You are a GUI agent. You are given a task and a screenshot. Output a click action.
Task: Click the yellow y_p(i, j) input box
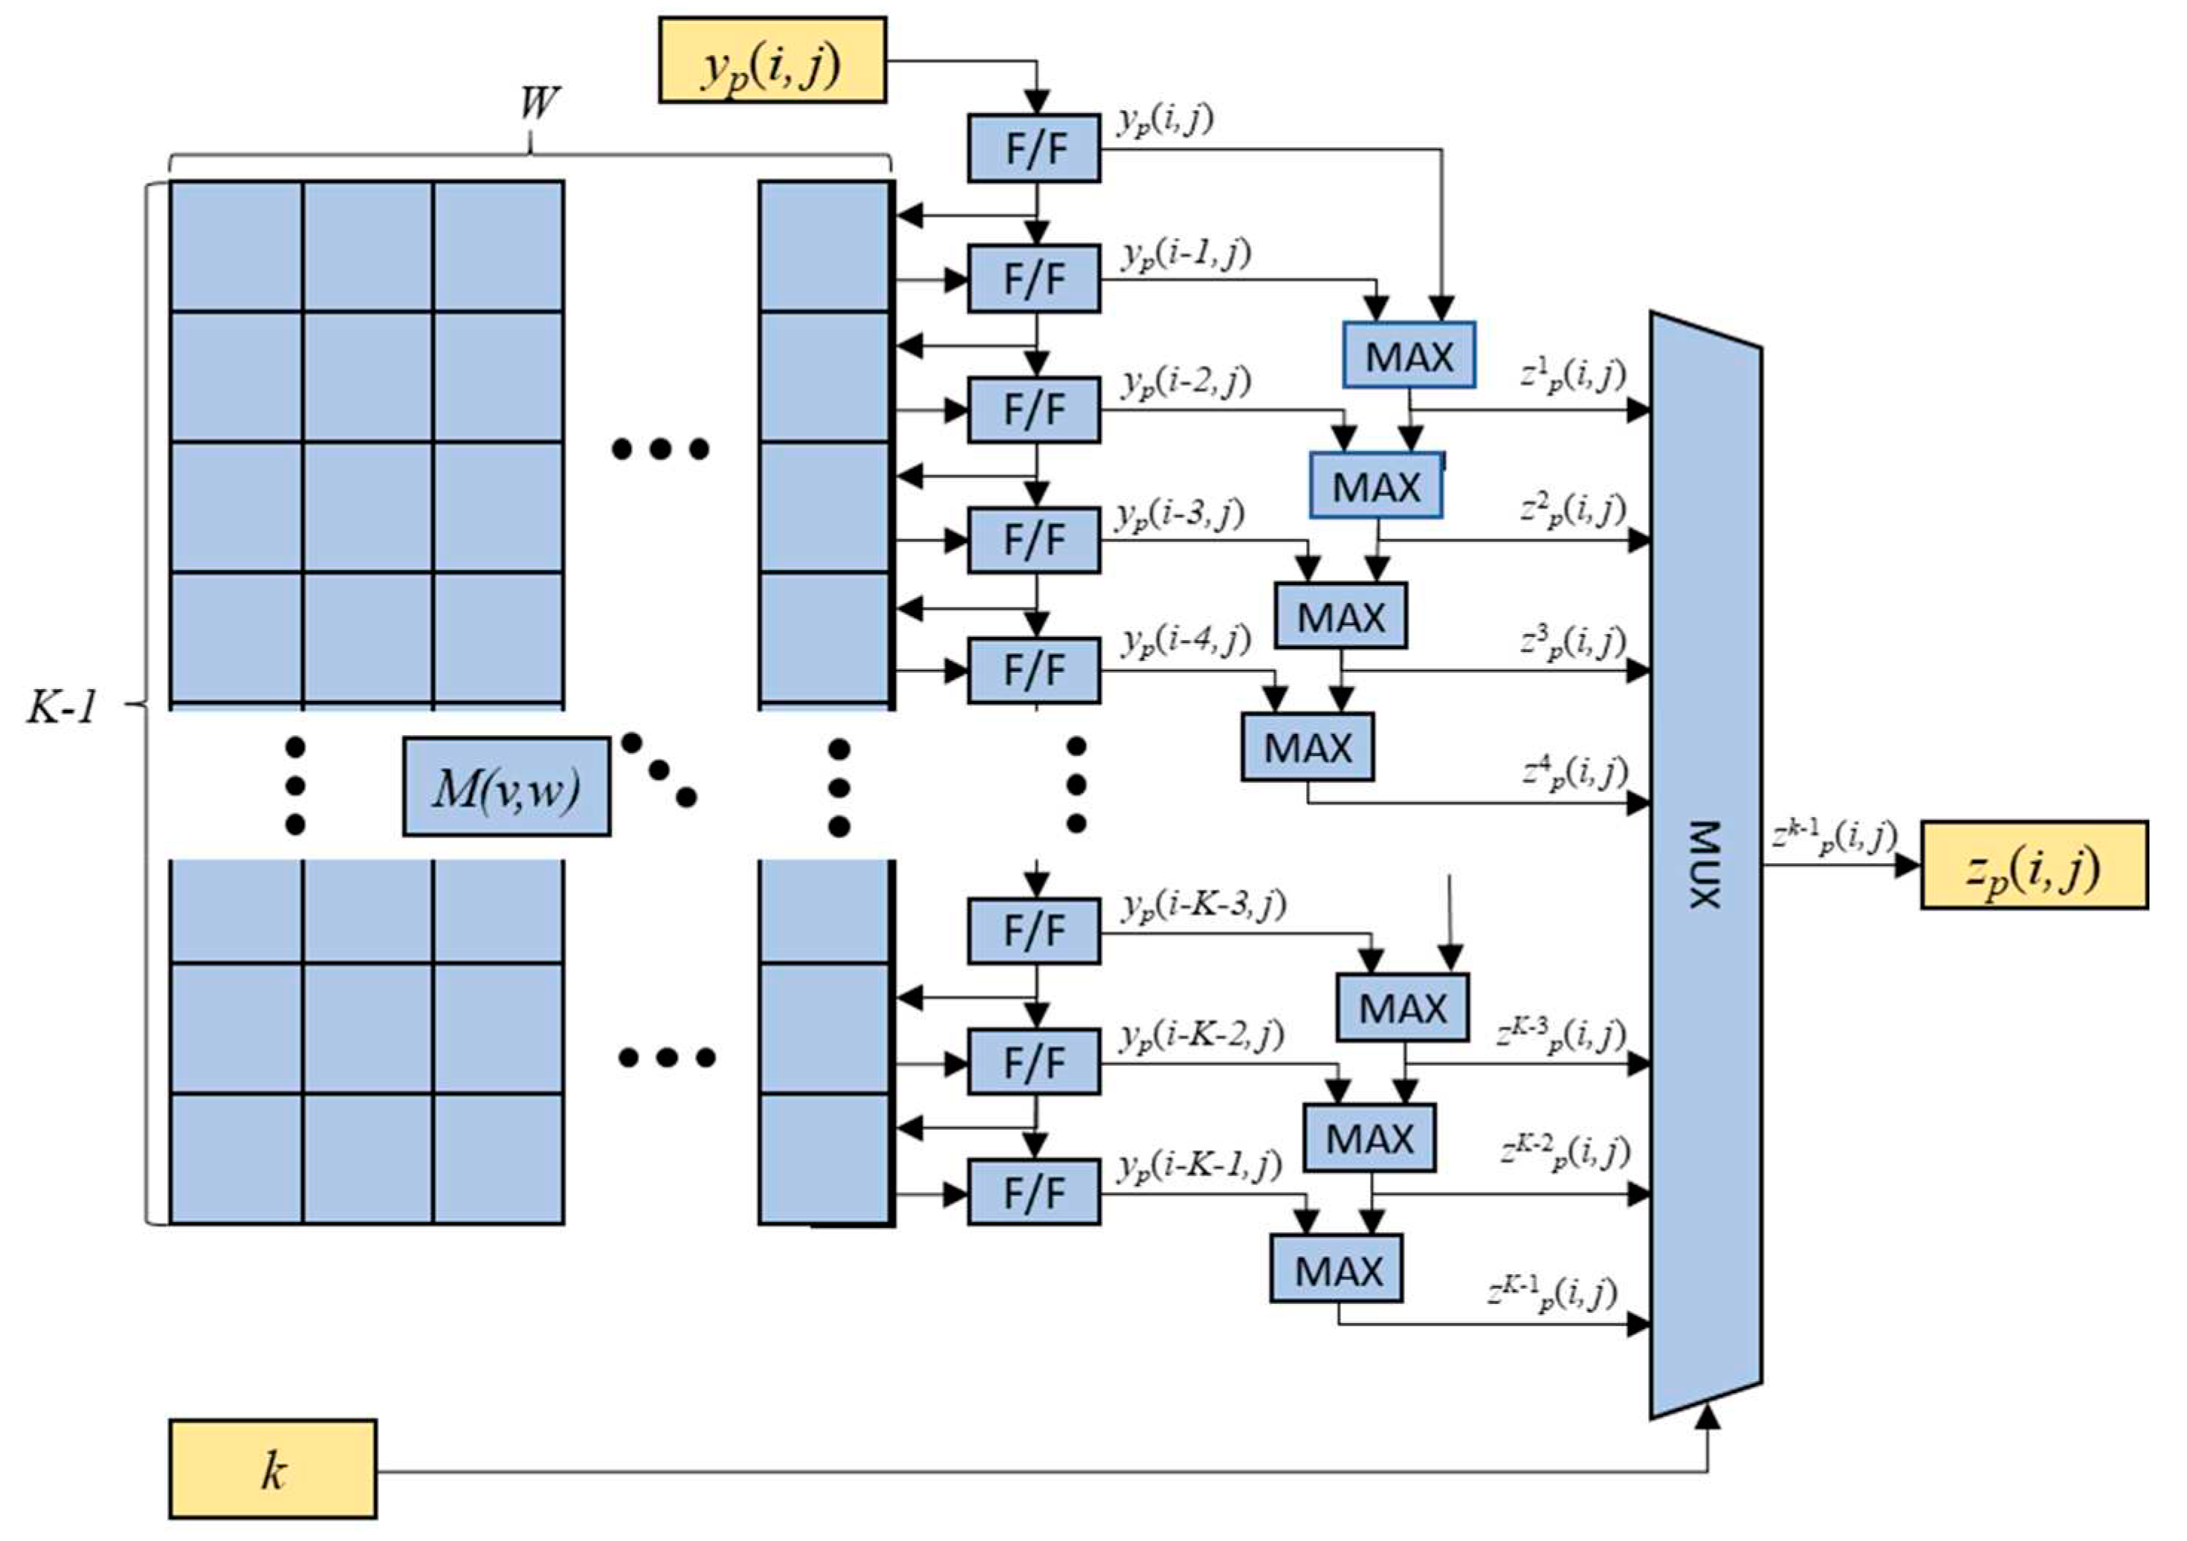(x=772, y=59)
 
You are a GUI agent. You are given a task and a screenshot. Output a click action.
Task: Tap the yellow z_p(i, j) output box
(x=2034, y=865)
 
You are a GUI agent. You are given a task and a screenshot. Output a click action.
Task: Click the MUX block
(x=1705, y=864)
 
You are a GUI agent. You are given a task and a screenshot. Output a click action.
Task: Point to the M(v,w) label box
(x=505, y=786)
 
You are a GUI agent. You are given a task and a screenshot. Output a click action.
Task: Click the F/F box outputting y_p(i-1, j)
(x=1033, y=279)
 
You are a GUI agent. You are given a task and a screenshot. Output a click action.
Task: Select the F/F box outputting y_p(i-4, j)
(x=1033, y=671)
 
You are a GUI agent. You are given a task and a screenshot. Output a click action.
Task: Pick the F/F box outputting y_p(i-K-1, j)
(x=1033, y=1192)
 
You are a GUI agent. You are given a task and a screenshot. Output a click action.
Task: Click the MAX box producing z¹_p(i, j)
(x=1409, y=355)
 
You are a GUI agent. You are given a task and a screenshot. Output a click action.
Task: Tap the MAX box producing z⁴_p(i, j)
(x=1307, y=746)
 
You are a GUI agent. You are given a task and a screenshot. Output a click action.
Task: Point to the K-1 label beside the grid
(x=62, y=707)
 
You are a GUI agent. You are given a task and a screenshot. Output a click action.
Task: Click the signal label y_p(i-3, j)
(x=1181, y=514)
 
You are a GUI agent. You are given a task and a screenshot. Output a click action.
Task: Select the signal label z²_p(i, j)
(x=1571, y=511)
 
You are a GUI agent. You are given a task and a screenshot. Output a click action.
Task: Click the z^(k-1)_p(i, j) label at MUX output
(x=1834, y=837)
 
